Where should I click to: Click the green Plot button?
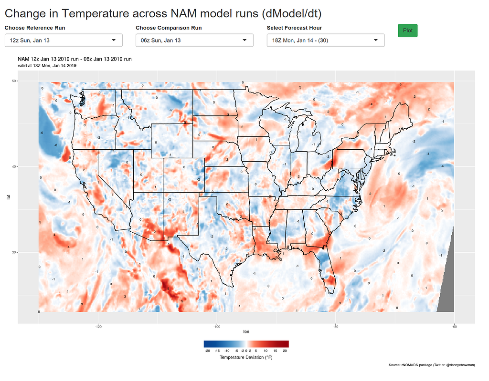[x=407, y=30]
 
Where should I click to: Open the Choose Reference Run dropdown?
[x=64, y=41]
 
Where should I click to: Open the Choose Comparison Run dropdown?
[x=194, y=41]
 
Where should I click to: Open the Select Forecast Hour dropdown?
[x=325, y=41]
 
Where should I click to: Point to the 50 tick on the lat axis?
[x=14, y=81]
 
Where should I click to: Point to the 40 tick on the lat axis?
[x=14, y=166]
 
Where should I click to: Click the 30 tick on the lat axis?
[x=14, y=252]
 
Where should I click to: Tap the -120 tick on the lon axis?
[x=98, y=327]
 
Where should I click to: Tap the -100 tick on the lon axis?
[x=217, y=327]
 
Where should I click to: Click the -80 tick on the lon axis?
[x=335, y=327]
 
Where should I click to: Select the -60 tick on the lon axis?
[x=454, y=327]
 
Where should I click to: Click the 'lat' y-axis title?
[x=8, y=196]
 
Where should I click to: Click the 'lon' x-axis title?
[x=246, y=331]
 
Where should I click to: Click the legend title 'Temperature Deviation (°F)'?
[x=246, y=357]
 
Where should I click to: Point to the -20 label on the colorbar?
[x=207, y=350]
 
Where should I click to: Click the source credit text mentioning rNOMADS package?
[x=432, y=365]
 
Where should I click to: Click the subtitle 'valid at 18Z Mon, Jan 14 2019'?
[x=47, y=65]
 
